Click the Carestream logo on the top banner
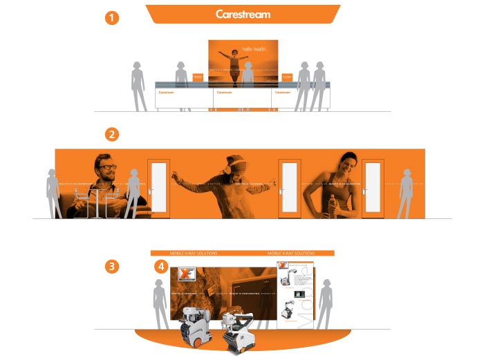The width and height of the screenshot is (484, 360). (x=243, y=14)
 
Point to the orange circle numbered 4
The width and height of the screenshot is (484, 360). (x=161, y=265)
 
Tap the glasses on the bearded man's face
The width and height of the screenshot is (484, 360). (x=106, y=167)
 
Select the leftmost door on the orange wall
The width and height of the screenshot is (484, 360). (x=158, y=189)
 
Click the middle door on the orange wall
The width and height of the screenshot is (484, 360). (x=288, y=189)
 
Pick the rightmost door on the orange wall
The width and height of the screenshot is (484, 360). (x=373, y=189)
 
